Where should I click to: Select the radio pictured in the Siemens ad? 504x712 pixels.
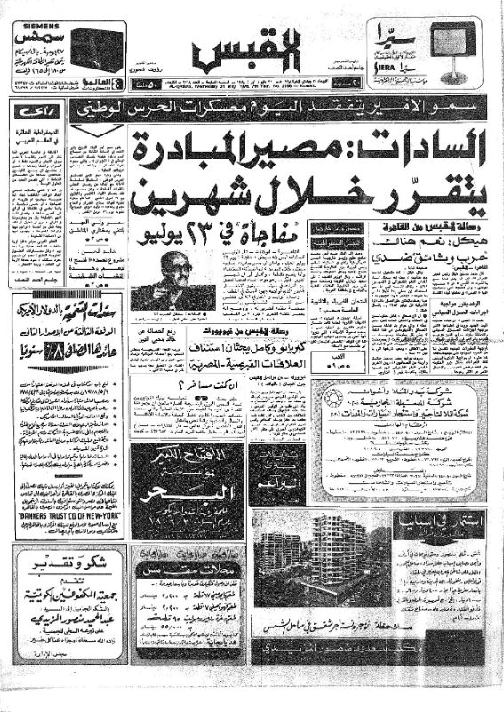pos(96,50)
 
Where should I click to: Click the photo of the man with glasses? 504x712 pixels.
pos(174,280)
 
